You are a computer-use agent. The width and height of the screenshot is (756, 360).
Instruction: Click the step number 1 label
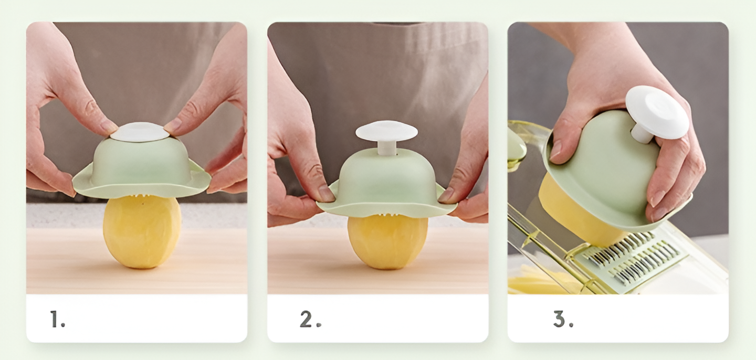[57, 319]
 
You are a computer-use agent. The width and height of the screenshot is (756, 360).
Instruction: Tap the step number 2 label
[310, 319]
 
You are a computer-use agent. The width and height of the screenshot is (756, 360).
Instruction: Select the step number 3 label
[563, 319]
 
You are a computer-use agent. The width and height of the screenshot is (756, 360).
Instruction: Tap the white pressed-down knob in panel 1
[140, 132]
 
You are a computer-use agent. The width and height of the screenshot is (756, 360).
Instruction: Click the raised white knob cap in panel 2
[386, 130]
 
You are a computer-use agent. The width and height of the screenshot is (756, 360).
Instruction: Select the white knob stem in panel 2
[387, 148]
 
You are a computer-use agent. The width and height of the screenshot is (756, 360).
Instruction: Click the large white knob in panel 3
[656, 113]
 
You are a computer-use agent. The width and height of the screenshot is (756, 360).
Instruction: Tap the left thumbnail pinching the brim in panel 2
[325, 194]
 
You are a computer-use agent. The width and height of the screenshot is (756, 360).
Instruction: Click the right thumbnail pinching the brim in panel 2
[446, 195]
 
